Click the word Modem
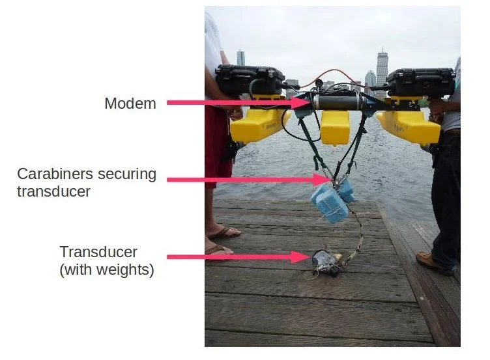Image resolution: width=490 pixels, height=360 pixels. click(x=130, y=103)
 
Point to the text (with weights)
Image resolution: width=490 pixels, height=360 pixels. click(x=107, y=270)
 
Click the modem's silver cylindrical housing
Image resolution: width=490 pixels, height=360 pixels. click(x=338, y=102)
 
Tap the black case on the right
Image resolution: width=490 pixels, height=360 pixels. click(x=420, y=82)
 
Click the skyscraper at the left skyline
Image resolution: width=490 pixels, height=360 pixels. click(x=240, y=58)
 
